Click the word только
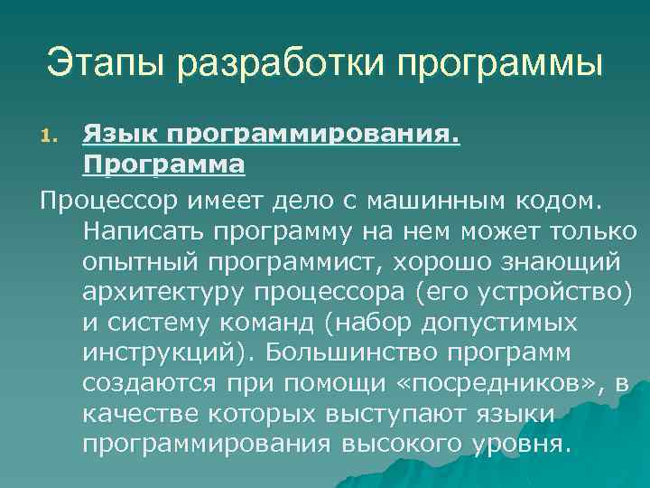coord(592,230)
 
